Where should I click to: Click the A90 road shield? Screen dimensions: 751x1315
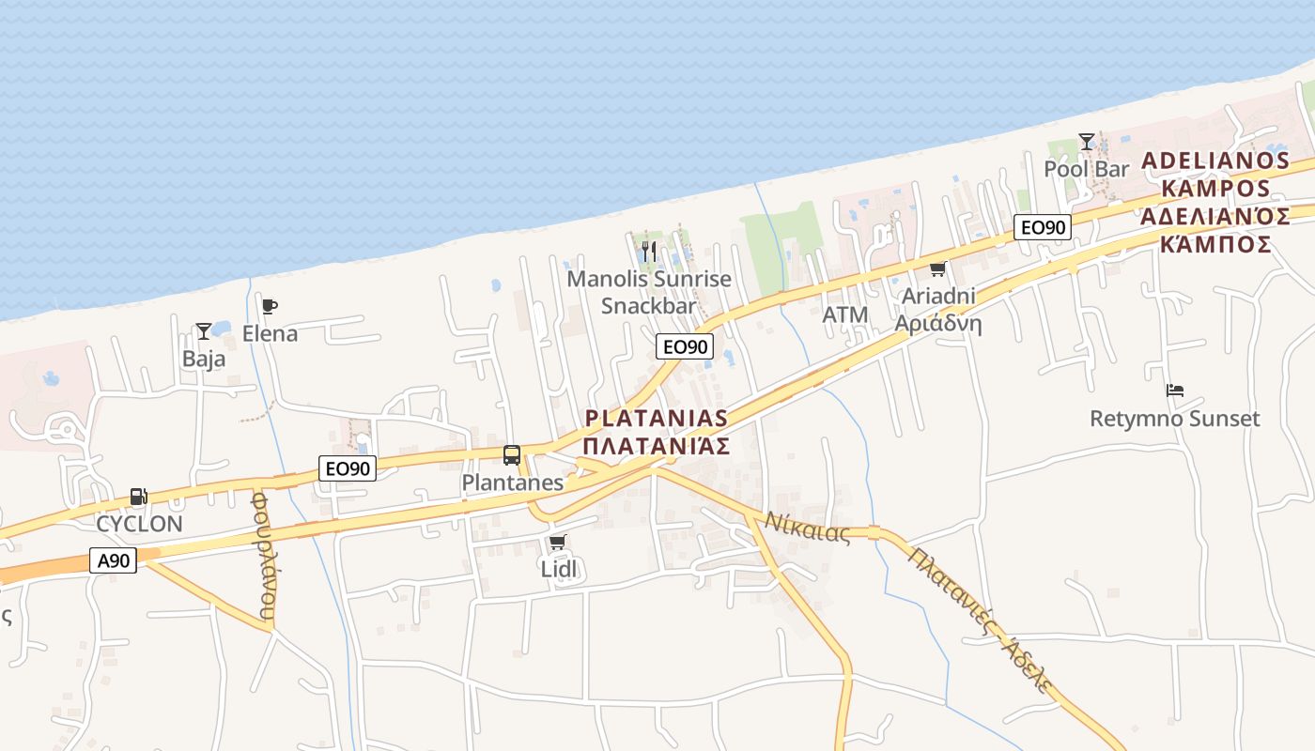pos(115,561)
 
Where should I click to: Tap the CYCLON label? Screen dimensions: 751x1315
pos(139,524)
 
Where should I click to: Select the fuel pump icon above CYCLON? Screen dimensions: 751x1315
pos(138,497)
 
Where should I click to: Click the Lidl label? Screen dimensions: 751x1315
pos(558,568)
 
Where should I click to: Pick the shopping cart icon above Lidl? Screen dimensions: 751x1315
pos(557,542)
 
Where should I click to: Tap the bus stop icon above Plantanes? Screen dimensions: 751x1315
pos(512,455)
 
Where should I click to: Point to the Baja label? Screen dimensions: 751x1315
pos(204,359)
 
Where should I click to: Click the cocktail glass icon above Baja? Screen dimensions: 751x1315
pos(204,331)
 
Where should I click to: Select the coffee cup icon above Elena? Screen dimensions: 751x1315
pos(270,306)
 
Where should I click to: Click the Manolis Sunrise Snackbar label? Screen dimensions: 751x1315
pos(649,292)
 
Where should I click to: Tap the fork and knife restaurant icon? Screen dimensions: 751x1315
pos(649,252)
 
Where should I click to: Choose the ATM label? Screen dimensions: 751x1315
pos(845,314)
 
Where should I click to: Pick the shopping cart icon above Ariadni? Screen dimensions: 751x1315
pos(936,269)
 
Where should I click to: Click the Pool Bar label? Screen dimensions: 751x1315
pos(1087,169)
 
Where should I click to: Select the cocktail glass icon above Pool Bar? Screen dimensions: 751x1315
pos(1087,142)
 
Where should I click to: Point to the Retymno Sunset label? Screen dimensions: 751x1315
pos(1174,418)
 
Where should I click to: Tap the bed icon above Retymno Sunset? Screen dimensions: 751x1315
pos(1174,391)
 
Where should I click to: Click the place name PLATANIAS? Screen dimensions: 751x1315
pos(656,419)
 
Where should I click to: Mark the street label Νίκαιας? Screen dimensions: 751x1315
pos(807,528)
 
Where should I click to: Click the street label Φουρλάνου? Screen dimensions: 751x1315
pos(264,559)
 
